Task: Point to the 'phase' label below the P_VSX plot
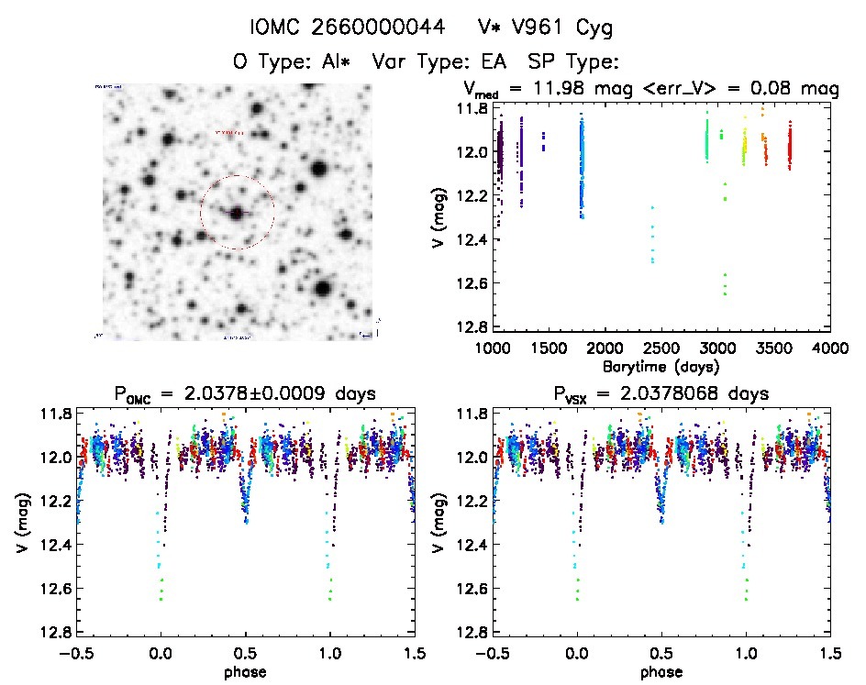[661, 671]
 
